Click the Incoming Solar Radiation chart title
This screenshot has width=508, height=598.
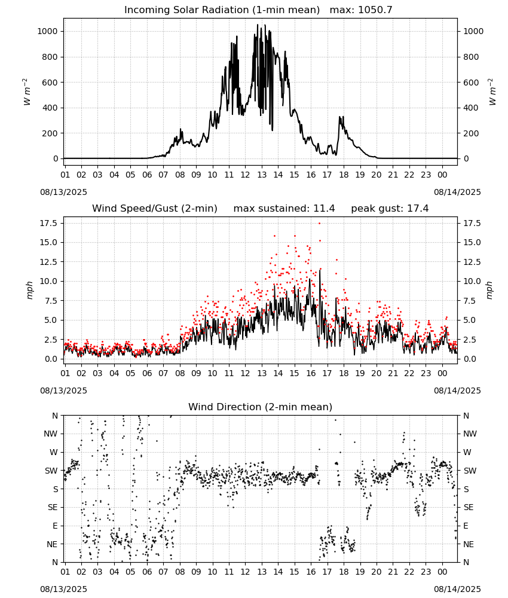222,10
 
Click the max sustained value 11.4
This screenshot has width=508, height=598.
324,209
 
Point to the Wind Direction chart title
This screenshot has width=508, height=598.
261,407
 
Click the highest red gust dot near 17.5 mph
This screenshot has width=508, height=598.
319,223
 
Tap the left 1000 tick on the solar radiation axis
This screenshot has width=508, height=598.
47,31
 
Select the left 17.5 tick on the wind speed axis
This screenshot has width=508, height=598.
49,223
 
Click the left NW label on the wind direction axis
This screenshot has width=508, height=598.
51,434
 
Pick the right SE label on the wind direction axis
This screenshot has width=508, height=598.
469,507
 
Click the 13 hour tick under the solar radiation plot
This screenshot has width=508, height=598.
262,175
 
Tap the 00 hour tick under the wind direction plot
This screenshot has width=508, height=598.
442,572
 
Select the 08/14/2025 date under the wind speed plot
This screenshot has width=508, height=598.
457,390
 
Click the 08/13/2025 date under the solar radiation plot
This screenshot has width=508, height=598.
63,192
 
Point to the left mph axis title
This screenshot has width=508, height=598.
30,290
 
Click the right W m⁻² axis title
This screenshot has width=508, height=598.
492,91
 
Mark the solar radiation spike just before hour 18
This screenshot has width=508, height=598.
340,117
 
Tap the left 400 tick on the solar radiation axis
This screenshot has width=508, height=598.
51,108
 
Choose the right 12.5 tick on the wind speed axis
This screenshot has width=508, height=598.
472,262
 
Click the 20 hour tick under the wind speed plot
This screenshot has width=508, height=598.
377,373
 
